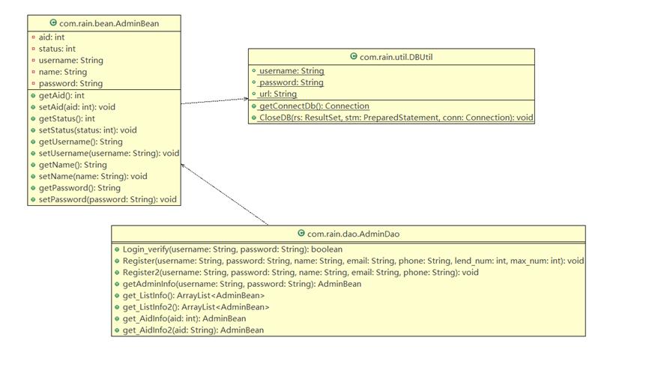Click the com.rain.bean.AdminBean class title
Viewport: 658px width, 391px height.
pyautogui.click(x=109, y=23)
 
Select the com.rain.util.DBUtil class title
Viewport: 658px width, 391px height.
pyautogui.click(x=396, y=57)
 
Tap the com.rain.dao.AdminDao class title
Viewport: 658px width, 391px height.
pyautogui.click(x=353, y=234)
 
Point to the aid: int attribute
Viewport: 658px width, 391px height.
pyautogui.click(x=52, y=37)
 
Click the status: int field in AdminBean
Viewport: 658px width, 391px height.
pyautogui.click(x=57, y=49)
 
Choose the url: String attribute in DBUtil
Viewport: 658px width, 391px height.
pyautogui.click(x=278, y=94)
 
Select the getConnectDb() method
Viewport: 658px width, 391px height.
pyautogui.click(x=314, y=106)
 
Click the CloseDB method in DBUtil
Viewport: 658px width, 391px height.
pyautogui.click(x=396, y=118)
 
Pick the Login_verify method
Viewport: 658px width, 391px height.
pyautogui.click(x=232, y=249)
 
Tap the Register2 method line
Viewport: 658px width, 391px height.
pyautogui.click(x=301, y=272)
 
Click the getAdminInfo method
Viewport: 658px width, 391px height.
pyautogui.click(x=242, y=284)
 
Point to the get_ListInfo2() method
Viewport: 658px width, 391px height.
pyautogui.click(x=196, y=307)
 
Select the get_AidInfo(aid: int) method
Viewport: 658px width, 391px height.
pyautogui.click(x=184, y=318)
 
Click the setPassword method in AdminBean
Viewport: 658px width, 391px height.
pyautogui.click(x=107, y=199)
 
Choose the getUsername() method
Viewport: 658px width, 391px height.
pyautogui.click(x=81, y=142)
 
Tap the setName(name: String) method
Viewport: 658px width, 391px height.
pyautogui.click(x=93, y=176)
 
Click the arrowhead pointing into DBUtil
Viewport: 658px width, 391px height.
pyautogui.click(x=246, y=99)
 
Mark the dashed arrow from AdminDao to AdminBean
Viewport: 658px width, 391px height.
pyautogui.click(x=225, y=195)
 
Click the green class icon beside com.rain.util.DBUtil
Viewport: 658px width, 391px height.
pyautogui.click(x=354, y=56)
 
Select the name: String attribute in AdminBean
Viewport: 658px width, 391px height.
pyautogui.click(x=63, y=72)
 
